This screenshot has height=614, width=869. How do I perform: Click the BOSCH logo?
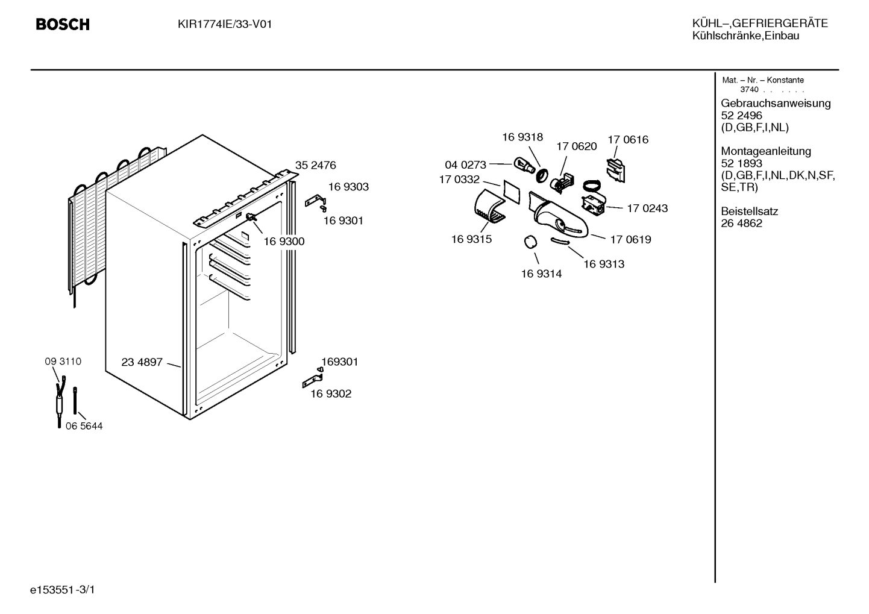(x=63, y=25)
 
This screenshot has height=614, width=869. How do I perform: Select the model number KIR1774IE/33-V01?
(x=225, y=24)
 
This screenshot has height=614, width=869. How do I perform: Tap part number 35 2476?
(x=315, y=165)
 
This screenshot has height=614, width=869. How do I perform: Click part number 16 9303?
(x=348, y=187)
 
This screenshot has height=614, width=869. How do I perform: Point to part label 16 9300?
(x=284, y=241)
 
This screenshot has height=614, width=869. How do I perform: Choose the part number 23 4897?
(x=142, y=362)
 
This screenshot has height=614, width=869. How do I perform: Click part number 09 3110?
(x=63, y=362)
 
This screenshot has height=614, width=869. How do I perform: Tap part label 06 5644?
(x=84, y=426)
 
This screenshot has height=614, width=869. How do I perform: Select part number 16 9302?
(x=330, y=393)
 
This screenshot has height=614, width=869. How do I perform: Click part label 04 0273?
(x=465, y=165)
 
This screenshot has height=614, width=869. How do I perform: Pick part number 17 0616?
(x=628, y=140)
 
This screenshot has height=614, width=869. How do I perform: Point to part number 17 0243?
(x=647, y=208)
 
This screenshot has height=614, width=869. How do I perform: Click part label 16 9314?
(x=541, y=274)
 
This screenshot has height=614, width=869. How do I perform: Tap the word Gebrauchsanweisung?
(x=776, y=103)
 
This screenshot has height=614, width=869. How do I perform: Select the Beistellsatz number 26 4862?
(x=741, y=224)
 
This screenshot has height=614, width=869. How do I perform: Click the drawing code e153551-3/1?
(x=63, y=590)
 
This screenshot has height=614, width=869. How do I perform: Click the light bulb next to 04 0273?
(x=524, y=164)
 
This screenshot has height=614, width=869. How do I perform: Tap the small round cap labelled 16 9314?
(x=531, y=242)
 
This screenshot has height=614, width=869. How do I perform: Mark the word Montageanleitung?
(x=766, y=151)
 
